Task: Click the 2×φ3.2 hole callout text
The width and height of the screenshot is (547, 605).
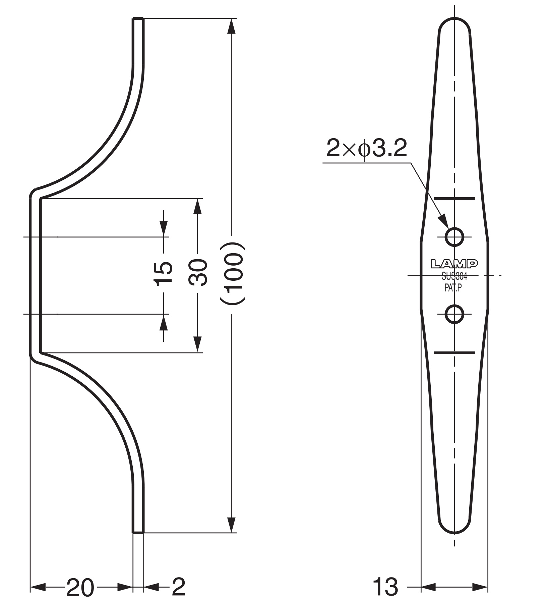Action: [367, 149]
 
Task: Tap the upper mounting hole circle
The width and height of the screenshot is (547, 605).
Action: [454, 237]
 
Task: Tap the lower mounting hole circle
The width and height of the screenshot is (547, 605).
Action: [454, 314]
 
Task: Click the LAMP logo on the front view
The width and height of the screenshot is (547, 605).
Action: [454, 264]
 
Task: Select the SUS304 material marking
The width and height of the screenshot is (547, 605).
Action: [454, 277]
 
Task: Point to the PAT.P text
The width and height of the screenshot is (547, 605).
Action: [453, 288]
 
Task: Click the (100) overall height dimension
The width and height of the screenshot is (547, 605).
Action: [232, 273]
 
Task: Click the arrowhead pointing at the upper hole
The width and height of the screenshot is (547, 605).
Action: [443, 222]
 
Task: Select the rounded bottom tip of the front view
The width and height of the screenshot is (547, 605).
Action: [454, 532]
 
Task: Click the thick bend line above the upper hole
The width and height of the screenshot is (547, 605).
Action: [454, 199]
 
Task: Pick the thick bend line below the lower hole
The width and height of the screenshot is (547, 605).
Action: [454, 352]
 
